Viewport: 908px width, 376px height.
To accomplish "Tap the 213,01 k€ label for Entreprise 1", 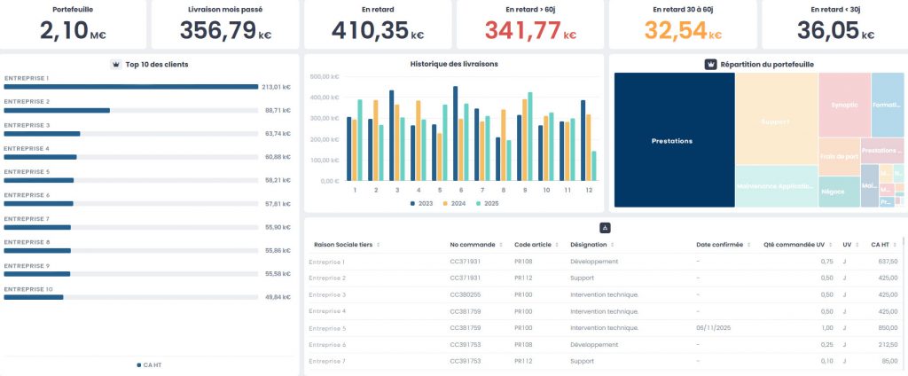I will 276,87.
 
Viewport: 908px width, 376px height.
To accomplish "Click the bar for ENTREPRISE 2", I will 57,111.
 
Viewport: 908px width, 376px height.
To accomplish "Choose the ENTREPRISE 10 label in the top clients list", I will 29,288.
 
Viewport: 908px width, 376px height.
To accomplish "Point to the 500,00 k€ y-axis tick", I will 324,76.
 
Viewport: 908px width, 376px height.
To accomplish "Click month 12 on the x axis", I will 588,190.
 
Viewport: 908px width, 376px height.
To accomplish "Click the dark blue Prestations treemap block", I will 673,140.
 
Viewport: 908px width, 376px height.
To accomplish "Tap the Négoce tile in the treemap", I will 833,191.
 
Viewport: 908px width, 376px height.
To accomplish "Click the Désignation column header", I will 589,245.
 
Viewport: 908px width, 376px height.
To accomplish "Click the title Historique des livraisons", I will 454,64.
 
